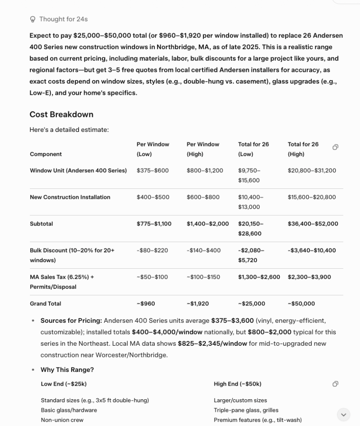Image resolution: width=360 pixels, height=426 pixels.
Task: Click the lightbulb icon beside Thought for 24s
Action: click(x=33, y=19)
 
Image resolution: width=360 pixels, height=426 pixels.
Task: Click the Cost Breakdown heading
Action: click(x=61, y=114)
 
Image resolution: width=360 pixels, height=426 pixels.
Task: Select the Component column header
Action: click(x=46, y=154)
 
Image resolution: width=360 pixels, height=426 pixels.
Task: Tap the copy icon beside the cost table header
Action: click(x=335, y=147)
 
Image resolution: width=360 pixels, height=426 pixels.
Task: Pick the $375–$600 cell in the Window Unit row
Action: click(x=153, y=171)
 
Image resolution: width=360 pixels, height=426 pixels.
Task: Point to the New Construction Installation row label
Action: click(x=70, y=197)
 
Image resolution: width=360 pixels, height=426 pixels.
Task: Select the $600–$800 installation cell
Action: click(x=203, y=197)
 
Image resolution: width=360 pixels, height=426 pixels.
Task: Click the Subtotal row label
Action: click(x=41, y=224)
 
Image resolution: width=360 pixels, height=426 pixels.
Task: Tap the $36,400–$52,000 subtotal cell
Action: click(x=313, y=224)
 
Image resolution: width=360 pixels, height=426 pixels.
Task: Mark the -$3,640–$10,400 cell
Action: click(x=312, y=250)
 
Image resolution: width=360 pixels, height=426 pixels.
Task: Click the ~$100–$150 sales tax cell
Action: click(x=203, y=277)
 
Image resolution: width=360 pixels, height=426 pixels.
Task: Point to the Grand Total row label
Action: click(x=45, y=304)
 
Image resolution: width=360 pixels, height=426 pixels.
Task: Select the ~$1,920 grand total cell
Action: click(x=197, y=304)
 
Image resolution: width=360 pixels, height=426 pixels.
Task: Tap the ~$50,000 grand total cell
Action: click(x=301, y=304)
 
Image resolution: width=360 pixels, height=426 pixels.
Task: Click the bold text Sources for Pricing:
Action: click(x=71, y=321)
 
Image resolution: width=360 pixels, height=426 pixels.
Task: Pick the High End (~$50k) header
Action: click(x=237, y=384)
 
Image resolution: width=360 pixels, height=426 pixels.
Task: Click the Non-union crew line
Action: click(x=62, y=420)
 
